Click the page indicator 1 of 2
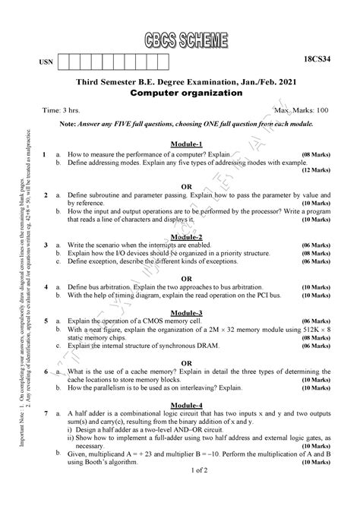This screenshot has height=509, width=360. click(x=187, y=492)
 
